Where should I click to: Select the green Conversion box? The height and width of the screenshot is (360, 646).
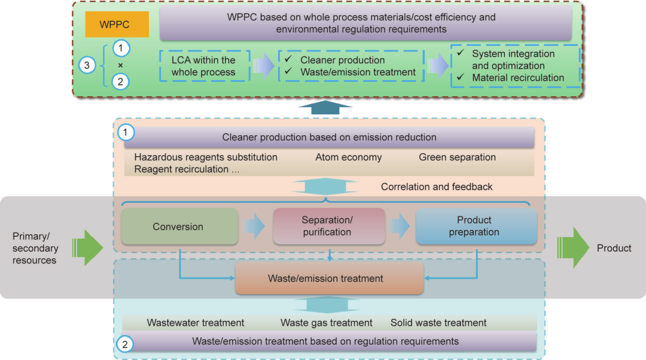click(x=179, y=227)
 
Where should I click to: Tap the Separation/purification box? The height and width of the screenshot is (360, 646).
click(x=328, y=226)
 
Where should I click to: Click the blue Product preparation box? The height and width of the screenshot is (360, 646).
click(x=476, y=226)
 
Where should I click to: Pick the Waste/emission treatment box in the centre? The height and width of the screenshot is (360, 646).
click(x=329, y=278)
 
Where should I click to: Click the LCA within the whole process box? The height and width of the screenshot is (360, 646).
click(x=203, y=66)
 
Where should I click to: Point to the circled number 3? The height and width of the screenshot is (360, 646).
click(x=87, y=65)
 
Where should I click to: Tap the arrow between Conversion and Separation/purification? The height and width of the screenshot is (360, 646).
click(x=255, y=227)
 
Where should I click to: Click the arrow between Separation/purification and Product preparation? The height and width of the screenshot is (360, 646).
click(x=400, y=227)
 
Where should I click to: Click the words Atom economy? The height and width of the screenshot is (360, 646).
click(x=348, y=157)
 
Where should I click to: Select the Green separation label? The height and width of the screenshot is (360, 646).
click(x=457, y=157)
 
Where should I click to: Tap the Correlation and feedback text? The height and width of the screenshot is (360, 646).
click(x=437, y=187)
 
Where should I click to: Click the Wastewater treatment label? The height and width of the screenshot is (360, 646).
click(x=196, y=323)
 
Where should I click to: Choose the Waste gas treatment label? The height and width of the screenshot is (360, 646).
click(x=327, y=323)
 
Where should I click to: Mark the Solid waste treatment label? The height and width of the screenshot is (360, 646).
click(x=438, y=323)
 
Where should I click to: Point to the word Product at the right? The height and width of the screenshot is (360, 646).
click(x=614, y=248)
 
